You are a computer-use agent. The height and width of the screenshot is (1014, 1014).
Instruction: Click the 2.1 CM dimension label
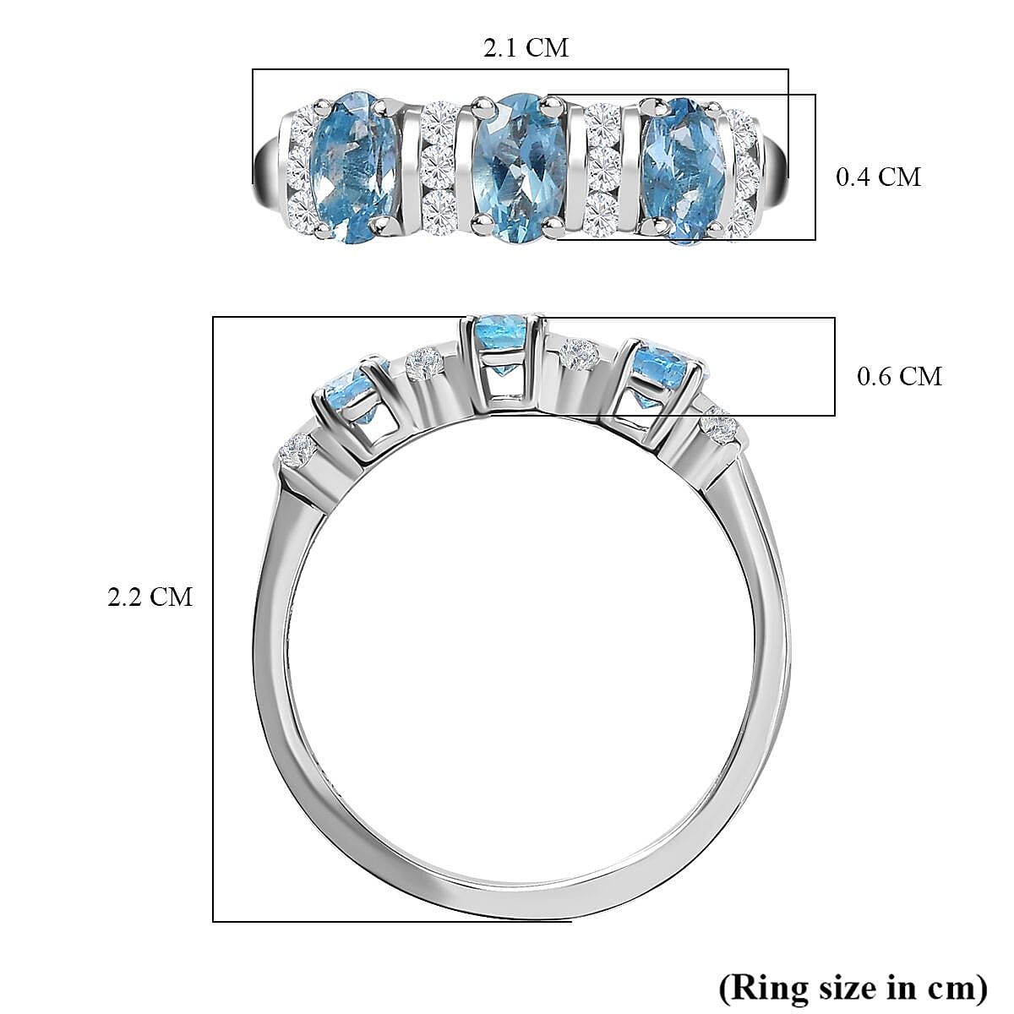tap(526, 47)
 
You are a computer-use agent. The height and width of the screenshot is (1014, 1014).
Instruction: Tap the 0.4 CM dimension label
tap(877, 177)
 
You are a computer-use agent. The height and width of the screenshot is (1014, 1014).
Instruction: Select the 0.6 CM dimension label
tap(899, 375)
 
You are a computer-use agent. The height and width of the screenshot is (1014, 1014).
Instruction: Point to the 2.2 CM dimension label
tap(150, 597)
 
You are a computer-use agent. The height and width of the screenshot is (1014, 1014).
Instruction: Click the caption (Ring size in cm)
tap(853, 985)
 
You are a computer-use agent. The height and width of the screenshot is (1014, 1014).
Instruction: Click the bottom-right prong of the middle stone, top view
tap(553, 224)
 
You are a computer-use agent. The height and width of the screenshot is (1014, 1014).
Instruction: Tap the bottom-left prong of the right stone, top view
tap(654, 224)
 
